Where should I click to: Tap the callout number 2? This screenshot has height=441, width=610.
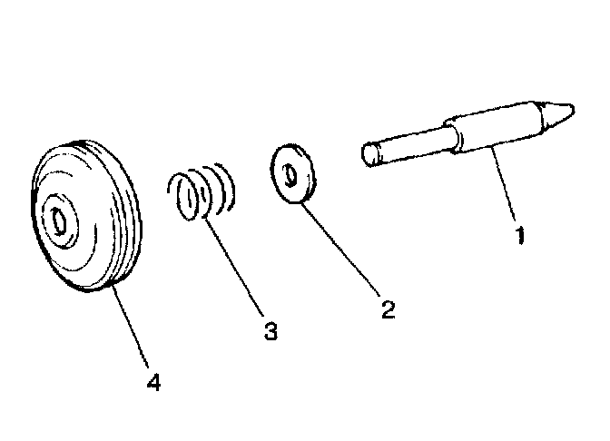coord(388,310)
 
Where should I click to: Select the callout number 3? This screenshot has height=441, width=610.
coord(270,331)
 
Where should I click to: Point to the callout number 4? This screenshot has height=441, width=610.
coord(153,382)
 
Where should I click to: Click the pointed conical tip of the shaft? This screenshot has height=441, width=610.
coord(560,112)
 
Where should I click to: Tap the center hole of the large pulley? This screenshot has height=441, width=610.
coord(59,220)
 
